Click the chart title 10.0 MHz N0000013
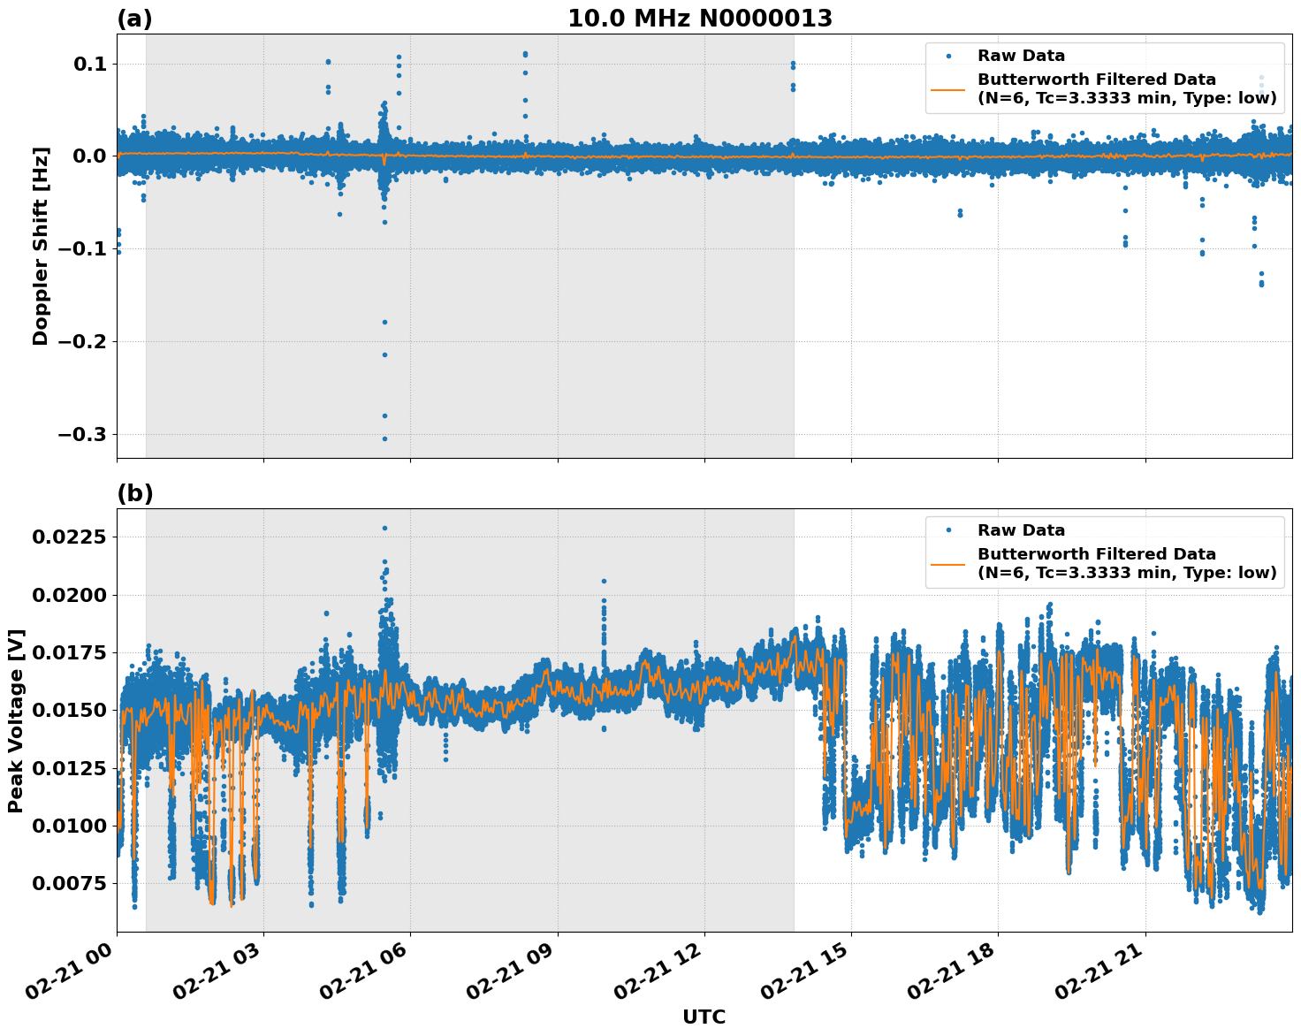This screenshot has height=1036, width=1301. click(x=699, y=19)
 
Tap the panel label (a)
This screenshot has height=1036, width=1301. click(x=134, y=19)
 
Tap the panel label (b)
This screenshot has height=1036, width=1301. click(x=134, y=493)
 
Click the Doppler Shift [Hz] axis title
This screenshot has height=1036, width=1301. click(x=41, y=246)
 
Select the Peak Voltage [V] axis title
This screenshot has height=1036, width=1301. click(x=16, y=720)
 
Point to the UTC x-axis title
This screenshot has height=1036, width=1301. click(x=704, y=1017)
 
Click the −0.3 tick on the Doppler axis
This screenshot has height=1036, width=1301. click(x=81, y=434)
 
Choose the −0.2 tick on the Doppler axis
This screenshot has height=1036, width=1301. click(x=81, y=341)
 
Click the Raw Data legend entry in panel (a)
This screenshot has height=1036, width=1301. click(x=1021, y=56)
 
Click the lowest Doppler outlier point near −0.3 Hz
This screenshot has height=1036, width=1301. click(x=384, y=438)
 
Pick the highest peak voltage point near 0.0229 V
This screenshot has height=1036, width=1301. click(x=384, y=528)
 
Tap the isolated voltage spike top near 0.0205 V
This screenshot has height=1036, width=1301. click(x=604, y=581)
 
